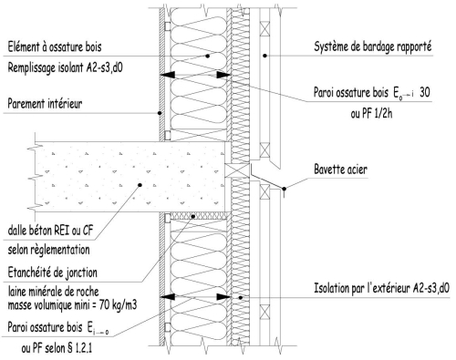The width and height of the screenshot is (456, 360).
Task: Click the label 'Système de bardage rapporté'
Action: pyautogui.click(x=372, y=47)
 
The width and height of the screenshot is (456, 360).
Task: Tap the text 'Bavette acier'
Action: pyautogui.click(x=340, y=170)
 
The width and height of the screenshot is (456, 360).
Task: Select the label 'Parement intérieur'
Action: pyautogui.click(x=45, y=104)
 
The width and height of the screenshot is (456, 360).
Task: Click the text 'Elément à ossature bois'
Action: pyautogui.click(x=55, y=47)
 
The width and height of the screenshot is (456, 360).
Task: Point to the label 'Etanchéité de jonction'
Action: pyautogui.click(x=53, y=273)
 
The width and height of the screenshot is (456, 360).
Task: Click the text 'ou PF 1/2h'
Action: pyautogui.click(x=371, y=114)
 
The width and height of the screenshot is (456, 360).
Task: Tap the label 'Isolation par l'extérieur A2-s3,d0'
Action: pyautogui.click(x=381, y=288)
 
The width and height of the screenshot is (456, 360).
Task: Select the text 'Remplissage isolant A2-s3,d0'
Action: pyautogui.click(x=65, y=67)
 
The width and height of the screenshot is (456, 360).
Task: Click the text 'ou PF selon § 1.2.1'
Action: pyautogui.click(x=57, y=348)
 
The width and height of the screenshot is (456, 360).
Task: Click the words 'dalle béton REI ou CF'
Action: pyautogui.click(x=50, y=231)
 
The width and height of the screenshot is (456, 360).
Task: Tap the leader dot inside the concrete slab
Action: pyautogui.click(x=140, y=185)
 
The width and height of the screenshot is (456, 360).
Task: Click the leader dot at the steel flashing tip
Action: pyautogui.click(x=284, y=189)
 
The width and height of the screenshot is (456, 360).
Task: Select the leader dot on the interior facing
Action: pyautogui.click(x=160, y=113)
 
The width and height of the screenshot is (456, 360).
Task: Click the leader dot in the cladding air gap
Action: pyautogui.click(x=264, y=56)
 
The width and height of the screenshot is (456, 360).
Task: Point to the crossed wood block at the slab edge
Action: pyautogui.click(x=237, y=170)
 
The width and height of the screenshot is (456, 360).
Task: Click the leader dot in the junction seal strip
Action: pyautogui.click(x=193, y=216)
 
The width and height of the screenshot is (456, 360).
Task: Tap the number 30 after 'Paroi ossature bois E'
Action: pyautogui.click(x=425, y=92)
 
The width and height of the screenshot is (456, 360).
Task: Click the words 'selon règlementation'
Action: pyautogui.click(x=48, y=250)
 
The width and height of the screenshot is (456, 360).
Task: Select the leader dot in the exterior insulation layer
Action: pyautogui.click(x=241, y=298)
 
